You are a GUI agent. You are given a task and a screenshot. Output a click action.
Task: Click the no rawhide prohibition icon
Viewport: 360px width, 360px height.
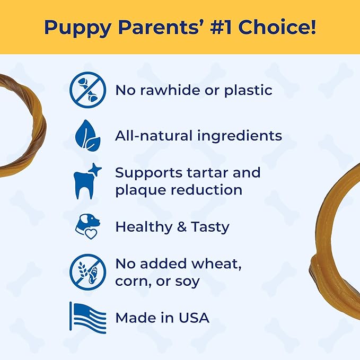click(x=88, y=90)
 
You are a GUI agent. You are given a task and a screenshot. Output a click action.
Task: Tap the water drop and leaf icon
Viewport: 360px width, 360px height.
click(x=88, y=136)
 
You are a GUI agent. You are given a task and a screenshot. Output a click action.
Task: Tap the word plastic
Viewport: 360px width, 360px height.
click(x=247, y=90)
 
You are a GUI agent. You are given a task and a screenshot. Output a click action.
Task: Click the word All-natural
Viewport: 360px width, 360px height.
click(x=154, y=136)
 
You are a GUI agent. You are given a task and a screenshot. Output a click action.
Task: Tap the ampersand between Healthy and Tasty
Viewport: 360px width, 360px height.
click(x=178, y=227)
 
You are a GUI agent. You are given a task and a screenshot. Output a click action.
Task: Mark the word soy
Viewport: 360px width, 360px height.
click(x=188, y=281)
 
